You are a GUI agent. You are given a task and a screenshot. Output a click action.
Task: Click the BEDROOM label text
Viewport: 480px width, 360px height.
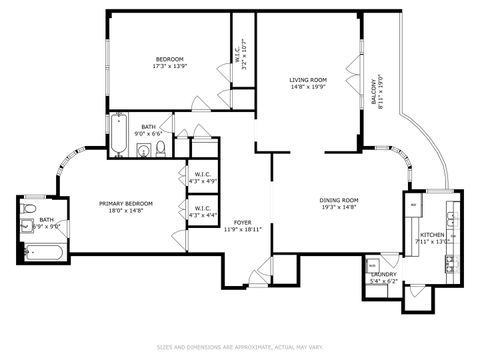(x=169, y=59)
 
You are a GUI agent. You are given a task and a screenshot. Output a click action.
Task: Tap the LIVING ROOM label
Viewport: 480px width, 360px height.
(x=309, y=79)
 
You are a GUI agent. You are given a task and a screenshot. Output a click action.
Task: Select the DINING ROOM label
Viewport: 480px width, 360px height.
(x=339, y=200)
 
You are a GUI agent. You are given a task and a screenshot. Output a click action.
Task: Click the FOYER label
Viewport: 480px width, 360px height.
(x=243, y=222)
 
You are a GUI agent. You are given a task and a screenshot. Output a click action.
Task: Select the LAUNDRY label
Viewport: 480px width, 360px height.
(x=384, y=275)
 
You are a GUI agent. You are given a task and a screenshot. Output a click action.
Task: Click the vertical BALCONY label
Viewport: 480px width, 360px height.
(x=376, y=92)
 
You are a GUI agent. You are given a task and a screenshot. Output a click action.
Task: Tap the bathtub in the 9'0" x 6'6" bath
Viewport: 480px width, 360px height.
(x=118, y=137)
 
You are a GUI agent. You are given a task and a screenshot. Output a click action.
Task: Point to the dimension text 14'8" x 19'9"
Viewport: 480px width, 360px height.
(x=309, y=87)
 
